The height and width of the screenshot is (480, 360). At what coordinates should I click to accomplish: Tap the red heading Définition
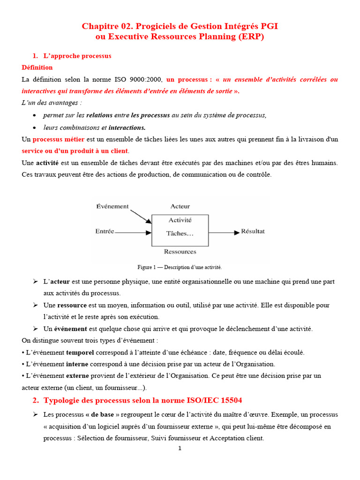tap(37, 67)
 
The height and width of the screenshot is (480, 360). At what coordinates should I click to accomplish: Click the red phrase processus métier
tap(59, 139)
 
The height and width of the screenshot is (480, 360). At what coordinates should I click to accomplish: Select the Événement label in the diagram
tap(112, 206)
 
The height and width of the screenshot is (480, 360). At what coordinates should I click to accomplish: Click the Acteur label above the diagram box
tap(180, 206)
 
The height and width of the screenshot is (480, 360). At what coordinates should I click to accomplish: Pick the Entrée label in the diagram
tap(105, 231)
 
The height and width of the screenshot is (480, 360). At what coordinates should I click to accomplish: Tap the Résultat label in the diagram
tap(253, 231)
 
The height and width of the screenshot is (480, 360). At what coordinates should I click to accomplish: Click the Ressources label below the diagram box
tap(180, 252)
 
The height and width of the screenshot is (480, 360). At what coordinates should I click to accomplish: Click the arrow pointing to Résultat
tap(224, 232)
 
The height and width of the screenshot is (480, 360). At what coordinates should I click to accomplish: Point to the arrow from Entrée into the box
tap(133, 232)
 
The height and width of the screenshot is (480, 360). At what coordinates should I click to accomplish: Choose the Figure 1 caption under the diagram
tap(180, 267)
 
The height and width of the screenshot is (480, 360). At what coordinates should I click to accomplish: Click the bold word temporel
tap(80, 352)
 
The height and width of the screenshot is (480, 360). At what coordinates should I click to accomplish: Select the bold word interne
tap(77, 364)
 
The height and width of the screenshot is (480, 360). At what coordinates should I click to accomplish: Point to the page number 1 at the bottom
tap(180, 448)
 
